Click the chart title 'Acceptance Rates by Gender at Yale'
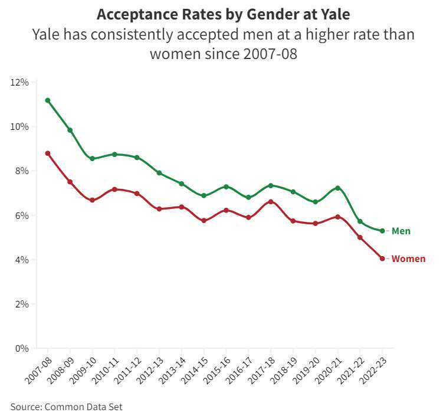223,14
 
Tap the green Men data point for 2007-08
48,100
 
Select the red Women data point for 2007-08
48,153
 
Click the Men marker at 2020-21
338,188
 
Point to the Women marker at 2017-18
271,202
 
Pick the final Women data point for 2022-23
382,258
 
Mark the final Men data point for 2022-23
382,231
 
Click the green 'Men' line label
401,231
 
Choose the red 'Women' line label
408,258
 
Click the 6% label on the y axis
22,215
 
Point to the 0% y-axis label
22,348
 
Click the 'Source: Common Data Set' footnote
67,407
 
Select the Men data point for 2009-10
92,159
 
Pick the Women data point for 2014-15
204,221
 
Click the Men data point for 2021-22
360,221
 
